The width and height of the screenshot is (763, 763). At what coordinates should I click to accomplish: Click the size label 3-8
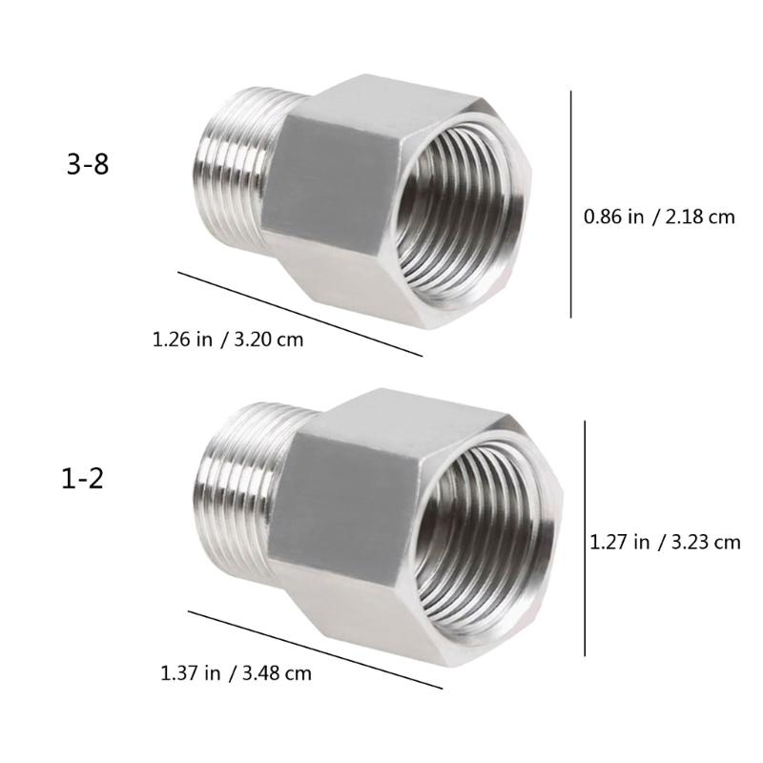(x=87, y=165)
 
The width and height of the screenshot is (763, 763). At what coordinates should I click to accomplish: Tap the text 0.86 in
(x=613, y=217)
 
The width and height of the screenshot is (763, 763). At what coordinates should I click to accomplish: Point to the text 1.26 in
(x=182, y=339)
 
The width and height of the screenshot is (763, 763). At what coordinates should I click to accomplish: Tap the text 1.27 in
(x=620, y=543)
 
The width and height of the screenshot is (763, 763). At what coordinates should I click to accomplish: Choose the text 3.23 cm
(x=706, y=543)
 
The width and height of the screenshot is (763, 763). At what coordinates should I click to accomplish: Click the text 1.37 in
(x=192, y=673)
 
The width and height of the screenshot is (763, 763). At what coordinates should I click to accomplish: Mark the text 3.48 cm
(x=278, y=673)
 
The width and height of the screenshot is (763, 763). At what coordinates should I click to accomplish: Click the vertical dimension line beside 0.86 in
(x=571, y=204)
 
